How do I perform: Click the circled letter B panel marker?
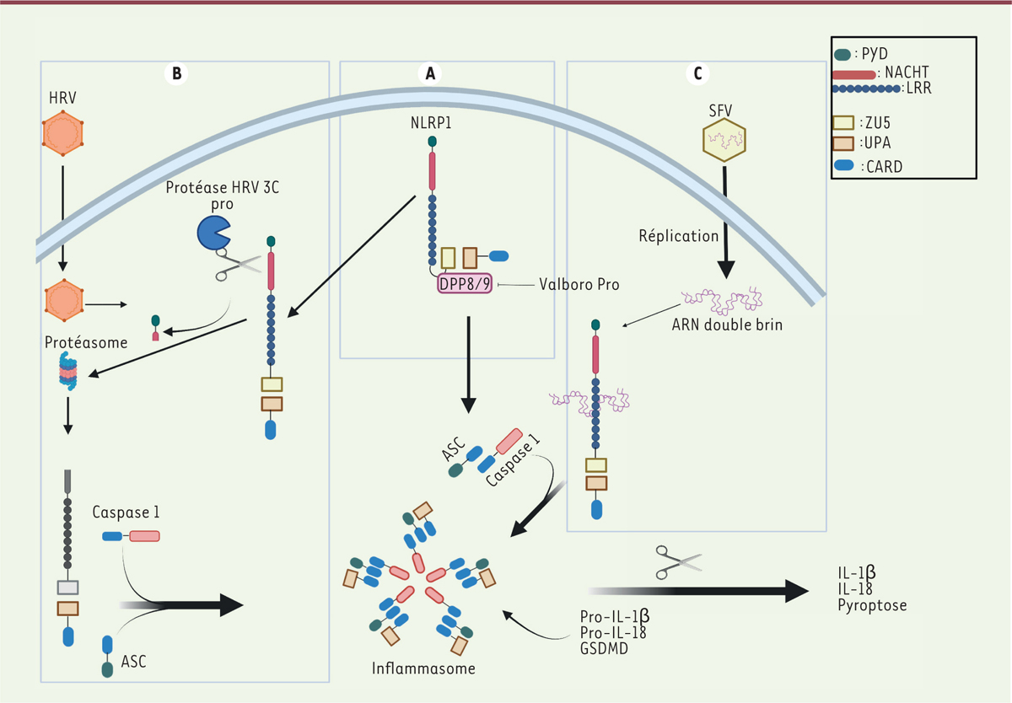coord(176,73)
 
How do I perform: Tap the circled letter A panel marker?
coord(431,73)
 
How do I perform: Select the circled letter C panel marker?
coord(697,73)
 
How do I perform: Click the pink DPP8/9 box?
coord(462,284)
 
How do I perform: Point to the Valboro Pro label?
coord(579,284)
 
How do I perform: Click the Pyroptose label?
coord(872,606)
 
